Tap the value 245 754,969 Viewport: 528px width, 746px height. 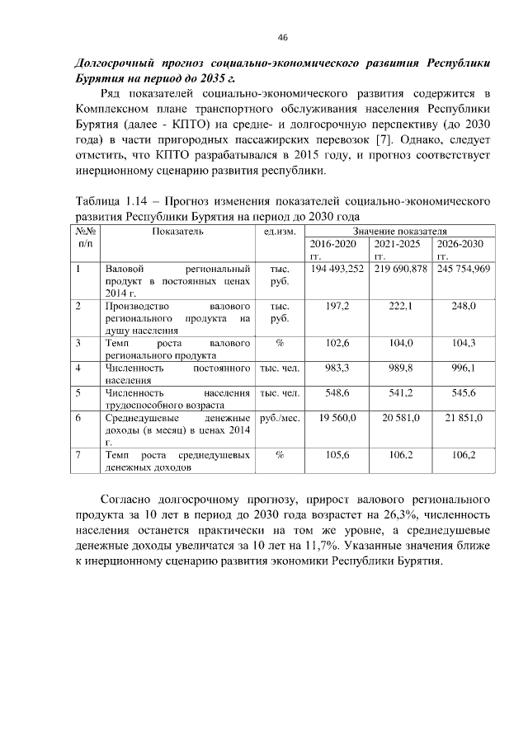[x=464, y=270]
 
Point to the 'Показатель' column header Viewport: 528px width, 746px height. [x=177, y=232]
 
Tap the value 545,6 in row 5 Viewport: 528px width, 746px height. [x=464, y=392]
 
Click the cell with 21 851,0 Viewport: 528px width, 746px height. [x=464, y=418]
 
